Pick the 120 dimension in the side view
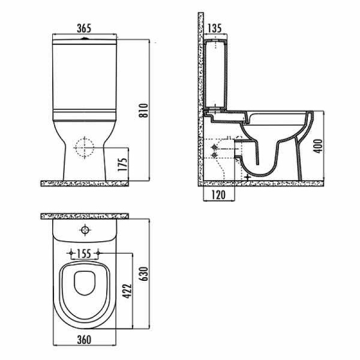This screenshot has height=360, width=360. point(219,194)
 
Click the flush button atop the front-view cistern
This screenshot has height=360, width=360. point(85,37)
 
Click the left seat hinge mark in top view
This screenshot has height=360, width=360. point(71,253)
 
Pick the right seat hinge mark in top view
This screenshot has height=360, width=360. point(98,253)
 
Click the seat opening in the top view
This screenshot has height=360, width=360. point(84,286)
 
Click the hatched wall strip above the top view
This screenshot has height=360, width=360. point(85,215)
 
